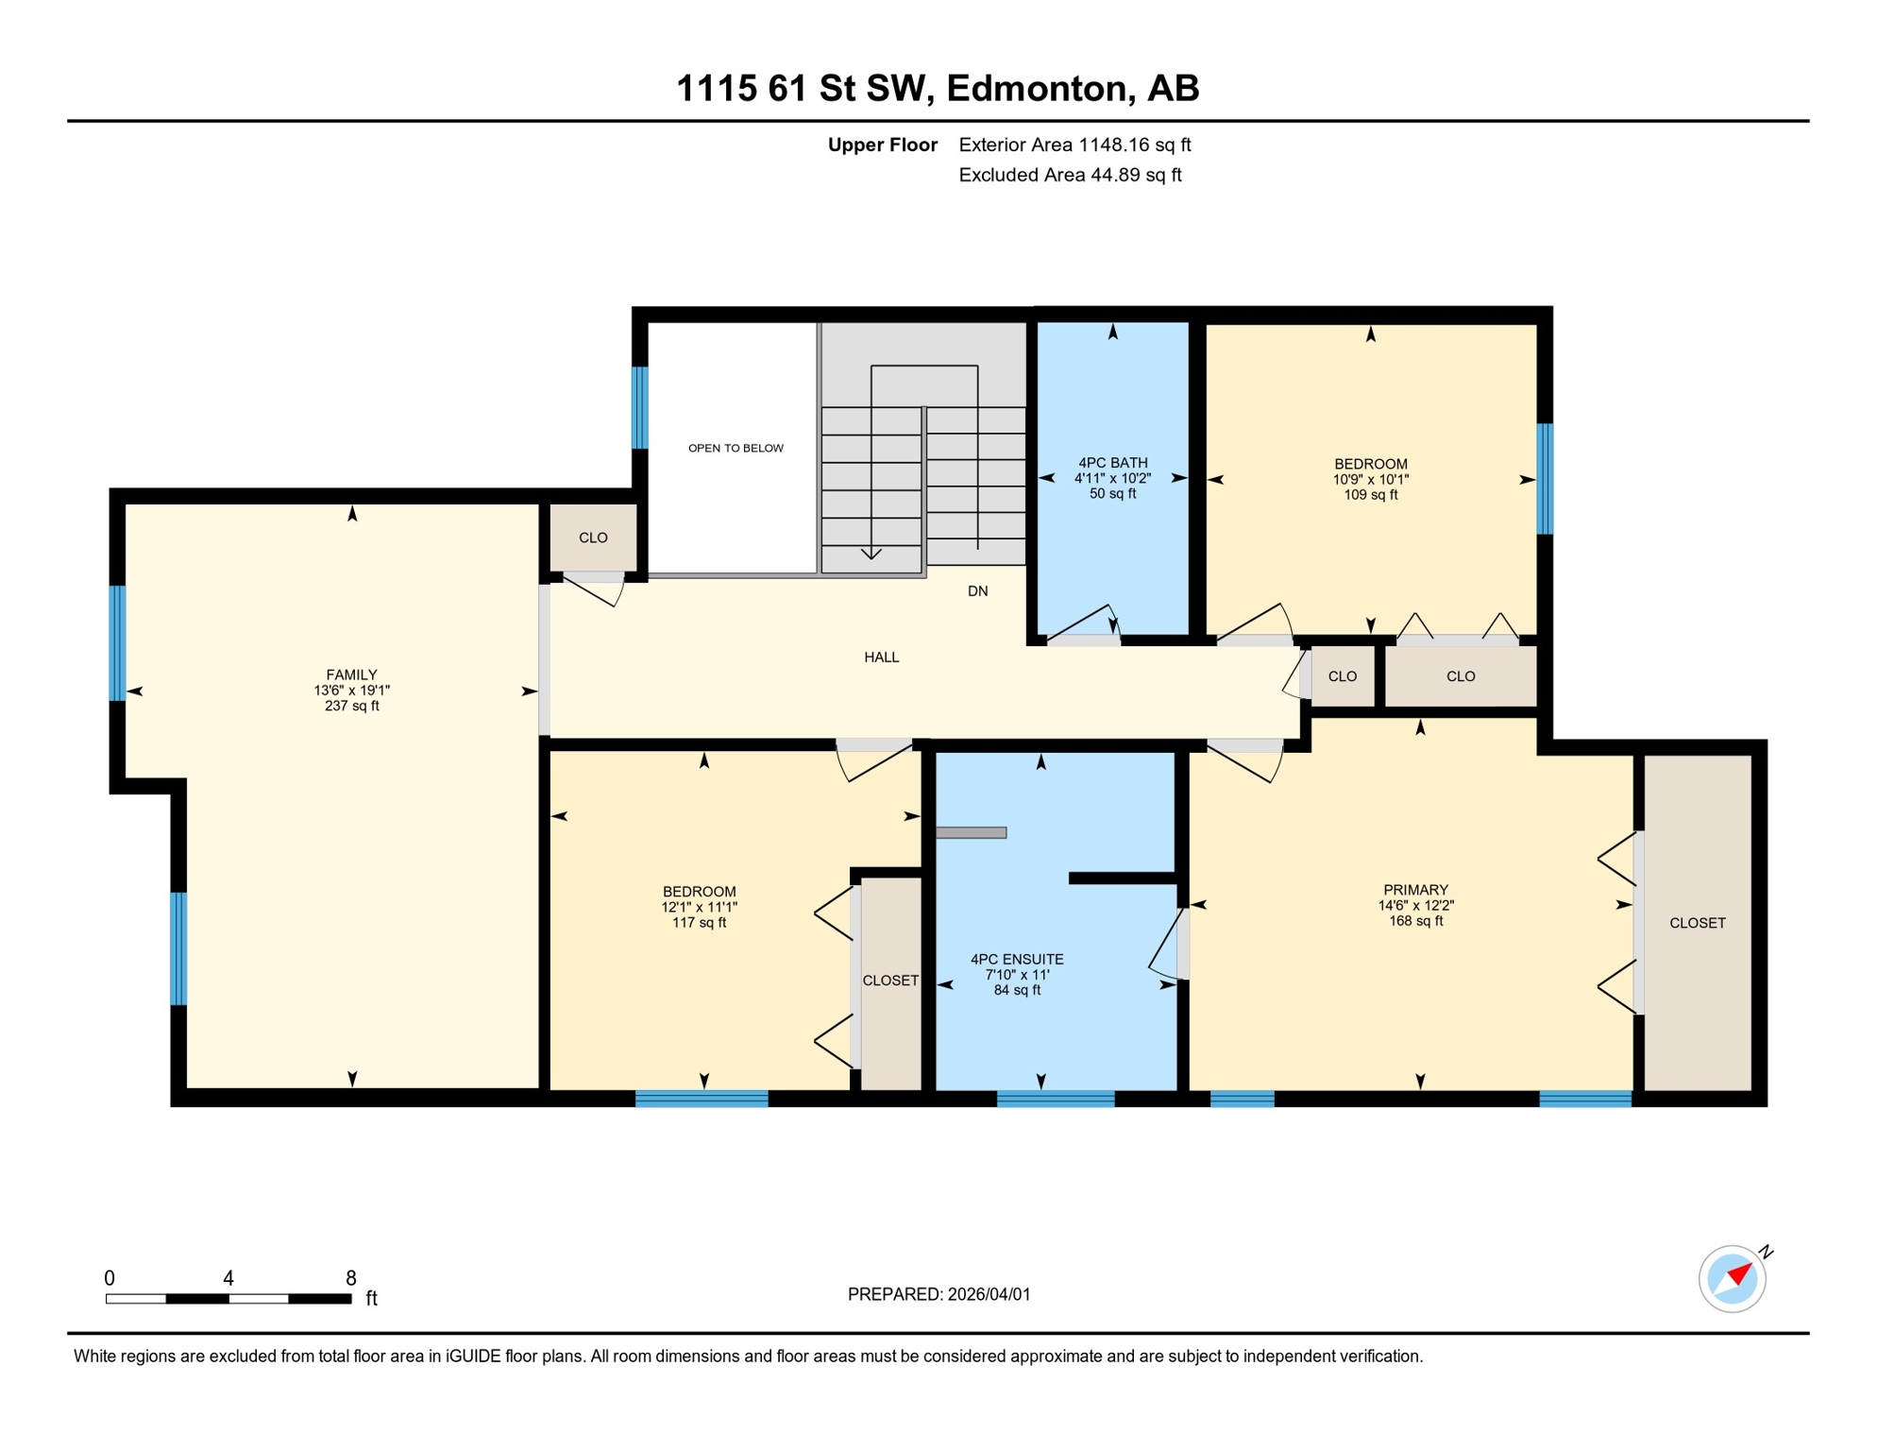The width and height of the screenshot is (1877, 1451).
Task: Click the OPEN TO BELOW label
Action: [x=736, y=448]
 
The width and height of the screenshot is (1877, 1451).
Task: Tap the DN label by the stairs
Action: [x=977, y=591]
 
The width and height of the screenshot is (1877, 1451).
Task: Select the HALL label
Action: [x=881, y=657]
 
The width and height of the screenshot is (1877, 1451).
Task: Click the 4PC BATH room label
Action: [x=1112, y=463]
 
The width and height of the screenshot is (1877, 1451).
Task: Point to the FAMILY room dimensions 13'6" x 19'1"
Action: [x=351, y=691]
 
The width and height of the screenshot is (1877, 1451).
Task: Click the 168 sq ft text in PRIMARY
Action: [x=1415, y=921]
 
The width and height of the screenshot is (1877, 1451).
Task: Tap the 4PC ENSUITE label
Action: [x=1017, y=960]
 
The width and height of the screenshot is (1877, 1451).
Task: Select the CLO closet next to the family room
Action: [x=593, y=538]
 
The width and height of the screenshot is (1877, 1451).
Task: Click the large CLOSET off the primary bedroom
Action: [x=1697, y=923]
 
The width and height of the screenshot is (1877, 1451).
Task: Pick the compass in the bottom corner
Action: [x=1732, y=1279]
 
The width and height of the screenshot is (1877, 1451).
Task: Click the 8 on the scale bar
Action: [x=350, y=1278]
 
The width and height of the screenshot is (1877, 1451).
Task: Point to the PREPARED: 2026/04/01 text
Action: [x=938, y=1294]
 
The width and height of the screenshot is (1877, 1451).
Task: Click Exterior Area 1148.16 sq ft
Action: [x=1074, y=145]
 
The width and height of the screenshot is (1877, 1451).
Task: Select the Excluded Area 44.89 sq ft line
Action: [x=1070, y=175]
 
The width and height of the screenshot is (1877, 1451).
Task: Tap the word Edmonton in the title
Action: [x=1038, y=88]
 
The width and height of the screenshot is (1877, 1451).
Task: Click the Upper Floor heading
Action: [x=882, y=145]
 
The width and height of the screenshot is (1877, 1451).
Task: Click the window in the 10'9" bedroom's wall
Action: [x=1545, y=479]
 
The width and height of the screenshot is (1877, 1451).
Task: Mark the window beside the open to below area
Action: [x=640, y=407]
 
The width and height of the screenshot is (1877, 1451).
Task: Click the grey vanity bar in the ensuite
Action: [x=971, y=832]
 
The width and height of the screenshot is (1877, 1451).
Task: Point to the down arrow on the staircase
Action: [x=871, y=553]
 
